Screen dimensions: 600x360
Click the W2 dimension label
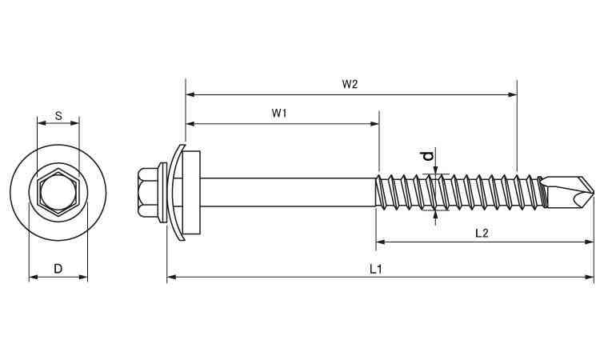[x=350, y=84]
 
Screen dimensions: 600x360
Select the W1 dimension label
[x=279, y=114]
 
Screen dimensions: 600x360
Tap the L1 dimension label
[x=376, y=270]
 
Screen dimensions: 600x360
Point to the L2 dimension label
[x=482, y=233]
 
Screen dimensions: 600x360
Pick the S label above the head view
[x=58, y=115]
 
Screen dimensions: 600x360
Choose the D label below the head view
[x=58, y=269]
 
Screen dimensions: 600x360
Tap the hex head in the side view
[x=148, y=192]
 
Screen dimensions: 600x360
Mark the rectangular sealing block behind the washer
[x=192, y=192]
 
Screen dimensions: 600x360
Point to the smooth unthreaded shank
[x=288, y=192]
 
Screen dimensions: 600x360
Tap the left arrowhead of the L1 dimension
[x=172, y=277]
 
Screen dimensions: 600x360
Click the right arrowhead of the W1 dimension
[x=374, y=123]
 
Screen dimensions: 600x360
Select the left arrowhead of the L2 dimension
[x=381, y=242]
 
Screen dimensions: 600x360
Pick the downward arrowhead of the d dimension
[x=435, y=170]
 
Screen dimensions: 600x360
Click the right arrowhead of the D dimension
[x=83, y=277]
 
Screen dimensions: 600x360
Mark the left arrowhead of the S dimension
[x=42, y=123]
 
